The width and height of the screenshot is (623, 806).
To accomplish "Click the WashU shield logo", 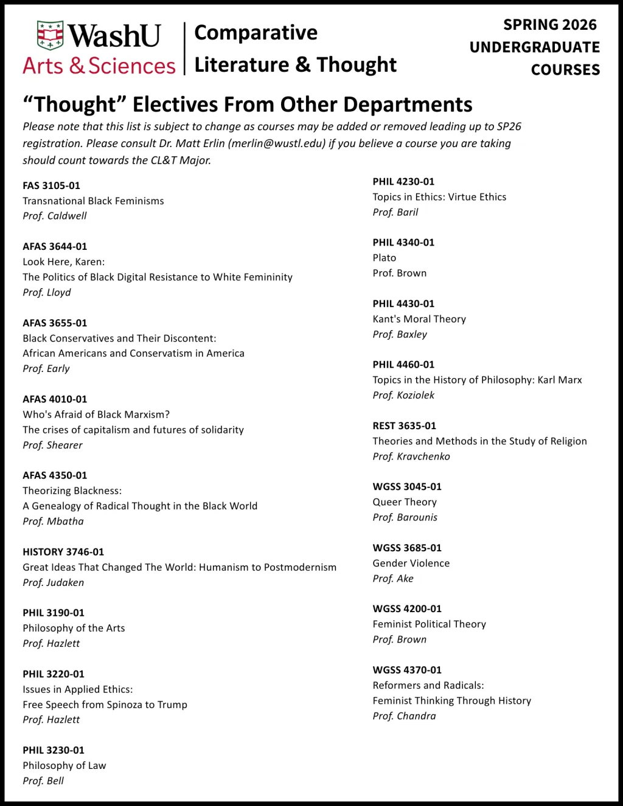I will pos(50,35).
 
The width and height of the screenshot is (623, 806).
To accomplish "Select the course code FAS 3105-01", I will pos(52,185).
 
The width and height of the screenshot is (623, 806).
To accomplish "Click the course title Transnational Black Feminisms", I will pos(93,201).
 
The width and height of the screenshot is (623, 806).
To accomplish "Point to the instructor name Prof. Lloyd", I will pos(47,292).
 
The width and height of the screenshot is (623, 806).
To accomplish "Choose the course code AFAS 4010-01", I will pos(55,399).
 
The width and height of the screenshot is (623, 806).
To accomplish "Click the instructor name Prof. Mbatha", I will pos(54,521).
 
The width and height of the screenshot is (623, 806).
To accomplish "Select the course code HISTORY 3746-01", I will pos(63,552).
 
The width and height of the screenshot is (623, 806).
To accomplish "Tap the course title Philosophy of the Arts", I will pos(74,628).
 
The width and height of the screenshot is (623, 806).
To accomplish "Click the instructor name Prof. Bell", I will pos(43,780).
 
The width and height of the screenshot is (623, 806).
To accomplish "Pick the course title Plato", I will pos(385,258).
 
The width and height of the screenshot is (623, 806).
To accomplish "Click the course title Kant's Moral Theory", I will pos(419,319).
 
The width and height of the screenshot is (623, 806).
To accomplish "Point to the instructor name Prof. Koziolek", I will pos(403,395).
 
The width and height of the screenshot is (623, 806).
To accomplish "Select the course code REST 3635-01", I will pos(405,425).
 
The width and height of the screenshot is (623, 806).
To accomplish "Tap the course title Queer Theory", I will pos(405,502).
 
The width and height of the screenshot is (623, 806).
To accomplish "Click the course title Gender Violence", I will pos(411,563).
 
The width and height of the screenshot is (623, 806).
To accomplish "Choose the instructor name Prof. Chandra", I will pos(405,716).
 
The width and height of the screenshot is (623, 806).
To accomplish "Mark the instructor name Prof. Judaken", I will pos(54,582).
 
